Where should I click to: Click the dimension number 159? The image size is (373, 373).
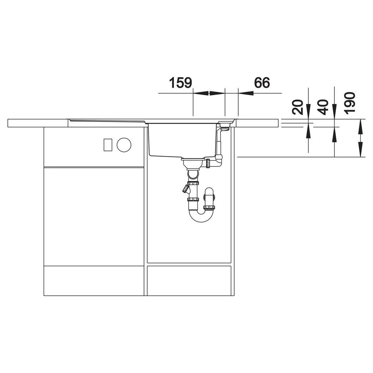[x=180, y=83]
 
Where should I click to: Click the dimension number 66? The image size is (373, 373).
[x=262, y=83]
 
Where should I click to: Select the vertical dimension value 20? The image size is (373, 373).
[x=298, y=107]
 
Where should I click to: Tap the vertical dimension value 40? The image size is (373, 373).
[x=323, y=107]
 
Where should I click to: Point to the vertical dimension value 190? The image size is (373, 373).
[x=350, y=104]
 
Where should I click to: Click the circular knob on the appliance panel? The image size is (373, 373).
[x=124, y=145]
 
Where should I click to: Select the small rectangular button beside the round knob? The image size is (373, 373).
[x=108, y=145]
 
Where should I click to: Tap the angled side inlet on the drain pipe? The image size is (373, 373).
[x=186, y=189]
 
